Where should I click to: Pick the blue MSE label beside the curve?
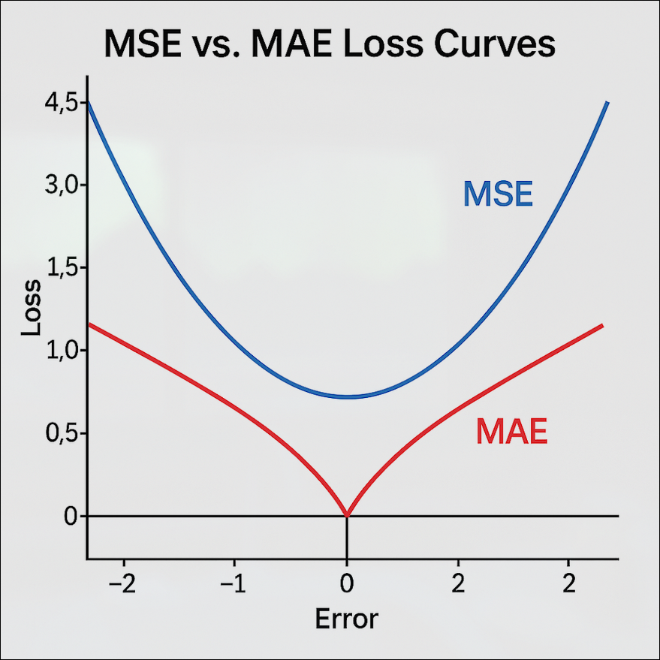click(498, 194)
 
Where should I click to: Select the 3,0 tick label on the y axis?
click(61, 185)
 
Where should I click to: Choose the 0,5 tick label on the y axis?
click(61, 433)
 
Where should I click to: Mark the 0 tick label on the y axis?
click(71, 516)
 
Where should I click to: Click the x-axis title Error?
click(346, 619)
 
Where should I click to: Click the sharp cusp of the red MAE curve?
click(346, 515)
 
